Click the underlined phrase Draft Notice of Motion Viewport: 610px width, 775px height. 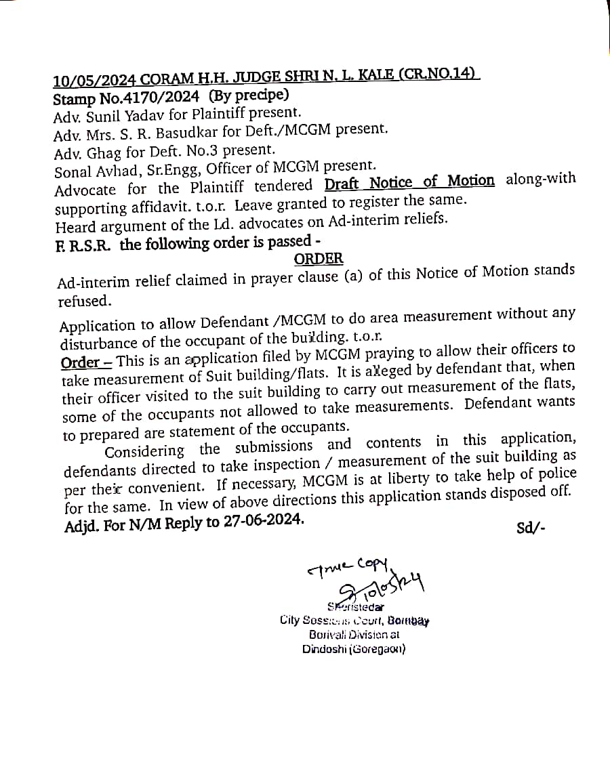(409, 182)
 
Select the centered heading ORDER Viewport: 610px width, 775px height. (319, 259)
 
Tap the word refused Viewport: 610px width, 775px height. (84, 301)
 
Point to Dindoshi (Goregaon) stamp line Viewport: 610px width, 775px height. (354, 648)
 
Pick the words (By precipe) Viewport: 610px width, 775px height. (249, 96)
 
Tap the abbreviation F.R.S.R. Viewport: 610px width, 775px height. (85, 243)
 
